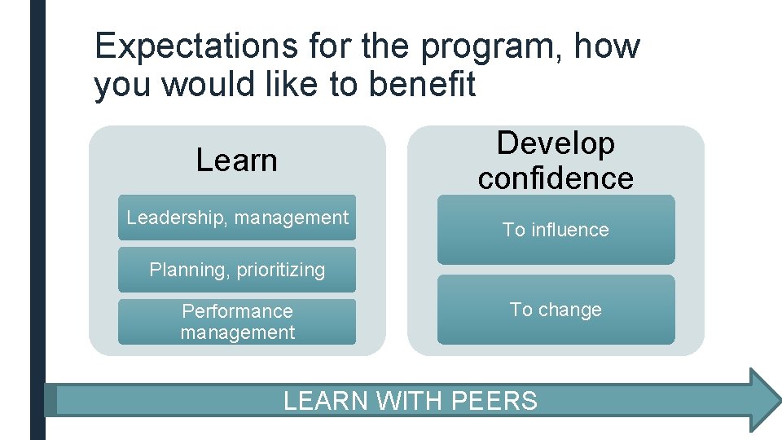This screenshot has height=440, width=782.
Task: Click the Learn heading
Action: coord(236,161)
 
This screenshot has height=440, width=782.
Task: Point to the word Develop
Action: coord(556,143)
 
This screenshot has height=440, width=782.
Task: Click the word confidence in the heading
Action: coord(556,178)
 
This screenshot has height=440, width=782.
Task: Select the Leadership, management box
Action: coord(237,218)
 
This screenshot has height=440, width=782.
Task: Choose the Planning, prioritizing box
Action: coord(237,270)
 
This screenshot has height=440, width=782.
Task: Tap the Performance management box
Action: coord(237,322)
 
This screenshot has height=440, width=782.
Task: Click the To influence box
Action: coord(556,230)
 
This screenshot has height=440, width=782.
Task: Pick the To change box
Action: coord(556,310)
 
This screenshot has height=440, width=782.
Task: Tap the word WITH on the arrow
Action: coord(410,401)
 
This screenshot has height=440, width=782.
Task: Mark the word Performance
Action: coord(237,311)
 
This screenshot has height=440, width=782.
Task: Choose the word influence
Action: coord(569,230)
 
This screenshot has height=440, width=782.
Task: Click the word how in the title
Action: coord(607,46)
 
